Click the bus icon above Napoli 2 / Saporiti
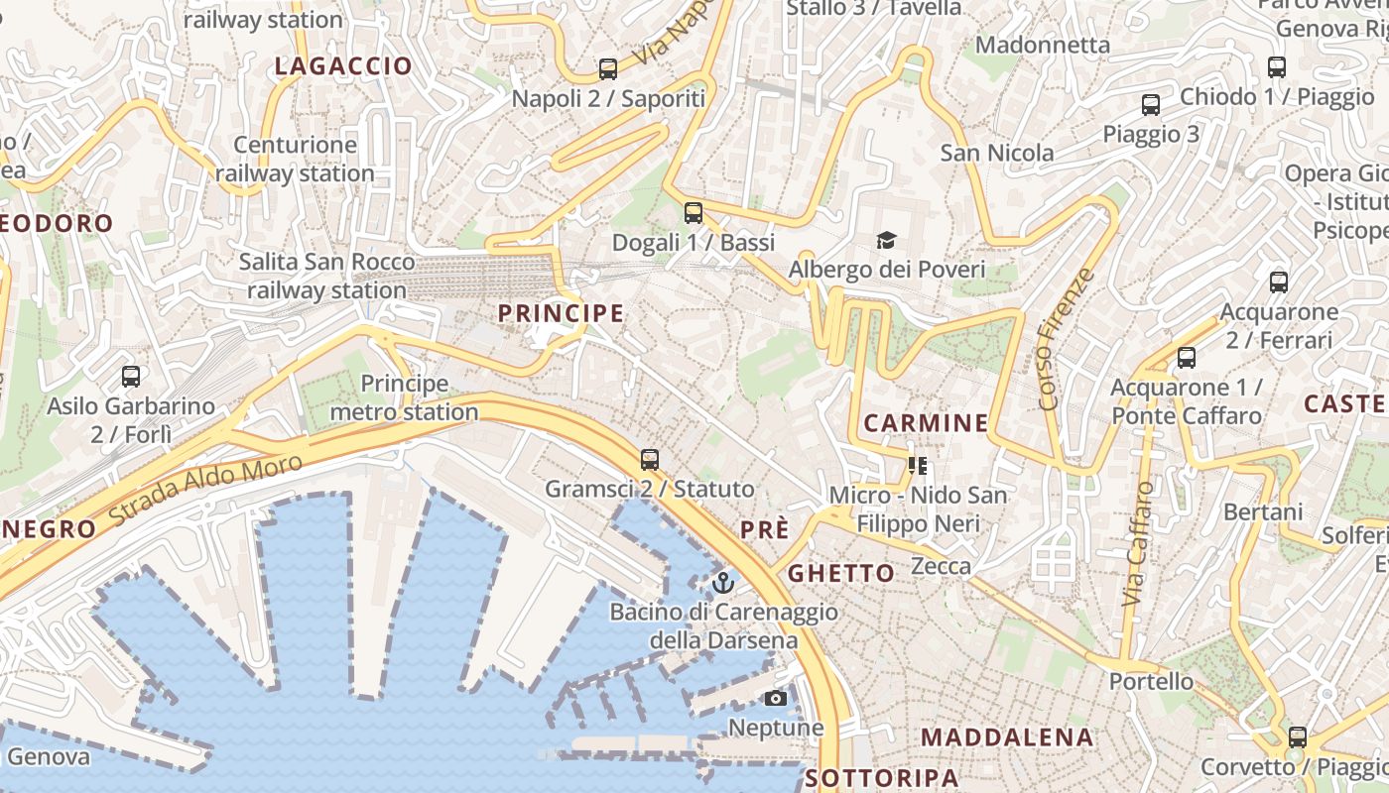(608, 69)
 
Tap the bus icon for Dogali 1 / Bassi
(694, 212)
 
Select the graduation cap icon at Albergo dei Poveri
(886, 240)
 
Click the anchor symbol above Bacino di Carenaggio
(723, 582)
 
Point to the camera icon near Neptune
(776, 699)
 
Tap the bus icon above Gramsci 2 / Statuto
(650, 459)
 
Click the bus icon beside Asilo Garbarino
(131, 377)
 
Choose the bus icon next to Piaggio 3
(1151, 105)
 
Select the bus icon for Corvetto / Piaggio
(1297, 737)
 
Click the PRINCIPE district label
(561, 314)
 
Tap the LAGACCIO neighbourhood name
(343, 66)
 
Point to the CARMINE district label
(926, 423)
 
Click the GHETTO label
(841, 574)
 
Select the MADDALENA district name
(1007, 737)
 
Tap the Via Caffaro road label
(1139, 544)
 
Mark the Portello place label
(1151, 682)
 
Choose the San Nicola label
(997, 153)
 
